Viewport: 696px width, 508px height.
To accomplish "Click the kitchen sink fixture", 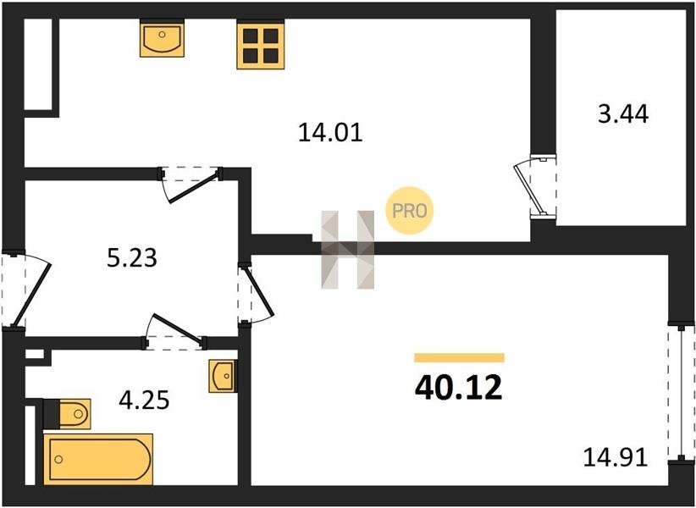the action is click(162, 40).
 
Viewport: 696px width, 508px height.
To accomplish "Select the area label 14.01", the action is click(330, 132).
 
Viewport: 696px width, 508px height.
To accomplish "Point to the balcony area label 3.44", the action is click(623, 113).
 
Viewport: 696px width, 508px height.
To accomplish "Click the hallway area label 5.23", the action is click(132, 257).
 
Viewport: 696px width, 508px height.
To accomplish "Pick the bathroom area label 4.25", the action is click(144, 400).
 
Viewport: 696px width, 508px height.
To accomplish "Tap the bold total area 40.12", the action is click(459, 387).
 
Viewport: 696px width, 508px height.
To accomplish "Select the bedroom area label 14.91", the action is click(616, 457).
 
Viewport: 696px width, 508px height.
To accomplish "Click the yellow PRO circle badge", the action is click(409, 210).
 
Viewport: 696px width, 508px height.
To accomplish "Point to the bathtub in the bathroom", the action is click(98, 459).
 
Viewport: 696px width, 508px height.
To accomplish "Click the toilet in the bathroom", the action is click(68, 414).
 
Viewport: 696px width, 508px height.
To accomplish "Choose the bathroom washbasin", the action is click(223, 376).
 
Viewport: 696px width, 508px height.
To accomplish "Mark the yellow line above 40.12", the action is click(460, 357).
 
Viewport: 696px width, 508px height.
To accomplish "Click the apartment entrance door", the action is click(26, 290).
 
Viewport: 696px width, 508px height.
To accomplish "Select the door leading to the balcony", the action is click(534, 187).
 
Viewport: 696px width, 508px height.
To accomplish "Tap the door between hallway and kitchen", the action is click(191, 184).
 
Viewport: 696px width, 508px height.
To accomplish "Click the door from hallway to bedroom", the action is click(256, 293).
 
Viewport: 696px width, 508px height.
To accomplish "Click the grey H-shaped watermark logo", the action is click(347, 250).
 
